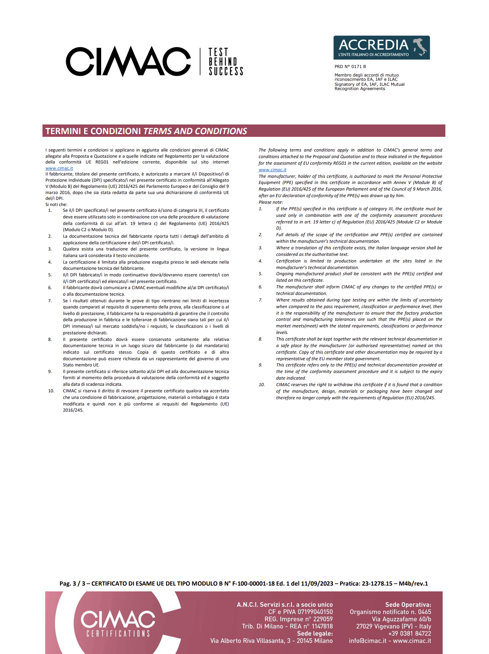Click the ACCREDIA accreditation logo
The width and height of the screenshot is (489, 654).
[x=381, y=48]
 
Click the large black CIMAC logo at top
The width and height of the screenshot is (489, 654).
[x=128, y=61]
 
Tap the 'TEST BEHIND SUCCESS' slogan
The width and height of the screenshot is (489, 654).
[x=226, y=62]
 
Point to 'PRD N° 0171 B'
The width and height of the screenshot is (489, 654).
[x=350, y=66]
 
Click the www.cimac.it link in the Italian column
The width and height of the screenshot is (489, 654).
[x=59, y=168]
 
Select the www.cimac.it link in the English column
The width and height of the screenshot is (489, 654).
[x=272, y=170]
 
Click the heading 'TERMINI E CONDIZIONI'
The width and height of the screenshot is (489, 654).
[x=93, y=131]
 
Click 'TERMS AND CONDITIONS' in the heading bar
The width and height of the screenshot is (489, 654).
[x=195, y=131]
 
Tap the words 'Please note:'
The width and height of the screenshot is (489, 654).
[x=270, y=202]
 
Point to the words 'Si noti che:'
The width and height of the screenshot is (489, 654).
[x=56, y=204]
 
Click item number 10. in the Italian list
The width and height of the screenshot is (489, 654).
[x=51, y=391]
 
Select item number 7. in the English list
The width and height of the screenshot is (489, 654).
[x=260, y=300]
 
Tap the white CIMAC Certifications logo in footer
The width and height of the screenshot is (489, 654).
[x=118, y=623]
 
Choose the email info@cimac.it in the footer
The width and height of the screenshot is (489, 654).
[x=367, y=641]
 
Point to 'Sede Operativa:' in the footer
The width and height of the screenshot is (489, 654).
[x=408, y=605]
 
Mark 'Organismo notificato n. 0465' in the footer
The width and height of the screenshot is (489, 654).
[x=390, y=612]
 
